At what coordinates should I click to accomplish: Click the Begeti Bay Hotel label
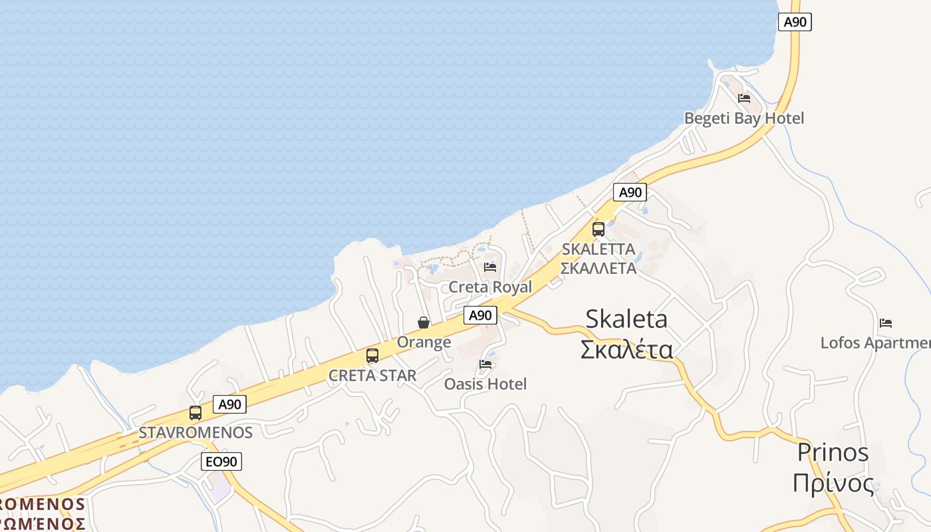(x=744, y=118)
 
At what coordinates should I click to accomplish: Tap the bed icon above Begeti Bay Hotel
(x=744, y=98)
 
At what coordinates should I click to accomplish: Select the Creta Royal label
(x=490, y=287)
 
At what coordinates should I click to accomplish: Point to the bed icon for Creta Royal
(x=490, y=267)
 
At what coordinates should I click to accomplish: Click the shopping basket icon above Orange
(x=424, y=323)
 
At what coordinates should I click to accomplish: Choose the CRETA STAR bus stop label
(x=372, y=375)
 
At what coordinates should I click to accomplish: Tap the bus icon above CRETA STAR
(x=372, y=356)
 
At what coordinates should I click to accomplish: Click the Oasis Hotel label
(x=485, y=384)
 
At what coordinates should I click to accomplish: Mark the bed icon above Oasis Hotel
(x=485, y=364)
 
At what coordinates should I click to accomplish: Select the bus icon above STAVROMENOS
(x=195, y=413)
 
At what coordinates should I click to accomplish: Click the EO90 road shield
(x=221, y=462)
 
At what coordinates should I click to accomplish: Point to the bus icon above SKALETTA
(x=598, y=229)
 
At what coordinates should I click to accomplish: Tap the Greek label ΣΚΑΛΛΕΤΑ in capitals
(x=598, y=269)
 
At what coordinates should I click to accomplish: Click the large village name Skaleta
(x=626, y=319)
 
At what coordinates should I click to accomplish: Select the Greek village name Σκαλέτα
(x=626, y=349)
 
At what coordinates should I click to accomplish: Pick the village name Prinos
(x=833, y=453)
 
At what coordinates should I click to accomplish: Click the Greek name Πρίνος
(x=833, y=483)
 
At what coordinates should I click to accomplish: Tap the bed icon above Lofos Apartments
(x=886, y=324)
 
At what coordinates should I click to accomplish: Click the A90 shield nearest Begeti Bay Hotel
(x=795, y=22)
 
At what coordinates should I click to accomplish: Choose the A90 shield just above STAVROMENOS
(x=230, y=404)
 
